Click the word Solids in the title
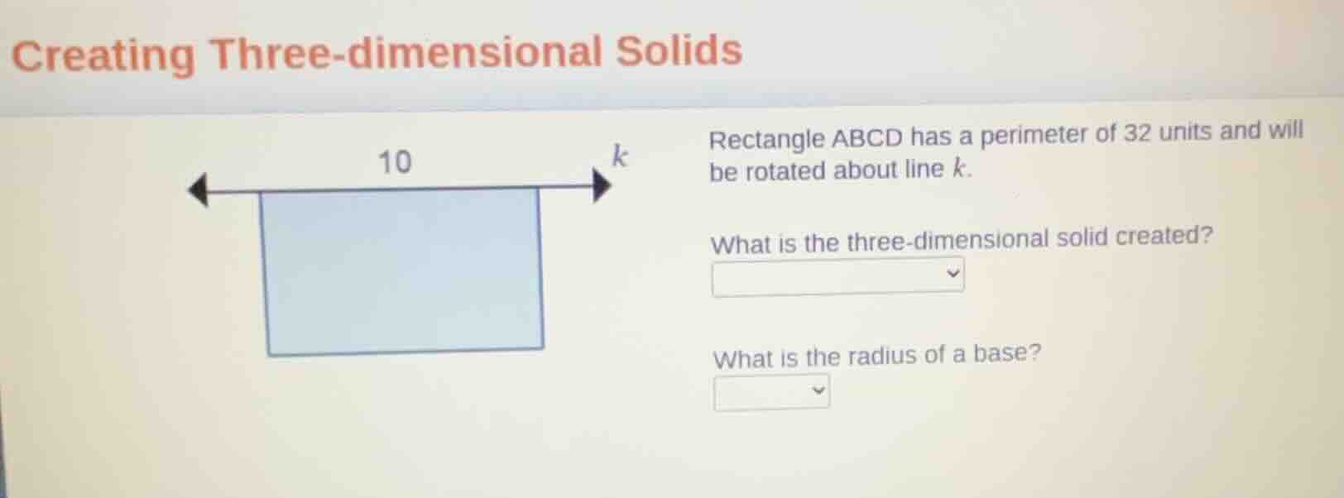[679, 50]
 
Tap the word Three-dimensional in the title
[406, 53]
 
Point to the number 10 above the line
[394, 161]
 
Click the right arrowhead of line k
[602, 185]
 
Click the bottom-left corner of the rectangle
[268, 354]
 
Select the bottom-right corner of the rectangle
[543, 347]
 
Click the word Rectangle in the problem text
[766, 140]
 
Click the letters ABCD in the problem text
[866, 137]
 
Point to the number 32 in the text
[1137, 132]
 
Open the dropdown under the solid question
[838, 276]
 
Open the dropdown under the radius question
[771, 392]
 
